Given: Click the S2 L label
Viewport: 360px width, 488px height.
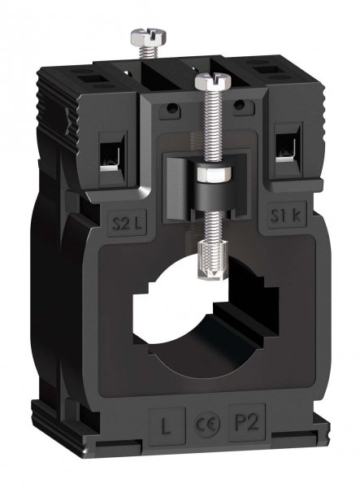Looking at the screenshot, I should tap(121, 221).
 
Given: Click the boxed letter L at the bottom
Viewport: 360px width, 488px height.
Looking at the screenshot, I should tap(164, 425).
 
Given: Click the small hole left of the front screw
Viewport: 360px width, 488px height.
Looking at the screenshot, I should tap(171, 107).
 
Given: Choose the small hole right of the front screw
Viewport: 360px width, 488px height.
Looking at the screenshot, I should tap(241, 106).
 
